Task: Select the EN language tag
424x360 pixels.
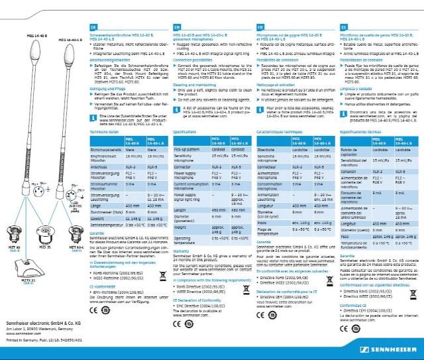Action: tap(177, 26)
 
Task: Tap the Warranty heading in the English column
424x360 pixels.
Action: tap(181, 251)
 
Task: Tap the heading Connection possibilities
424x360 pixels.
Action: tap(197, 59)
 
